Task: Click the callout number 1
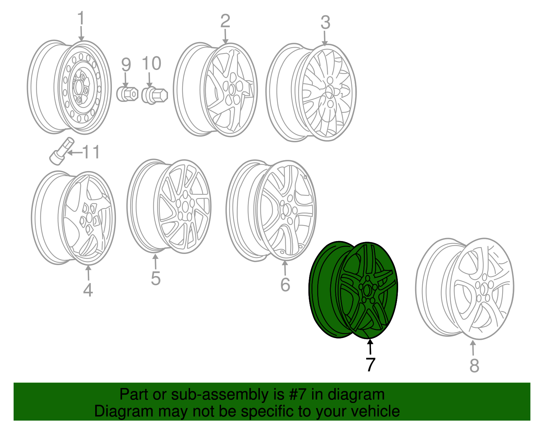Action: pos(81,18)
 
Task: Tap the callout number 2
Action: pos(225,21)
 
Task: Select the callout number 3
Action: pos(325,22)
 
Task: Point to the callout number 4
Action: pos(88,290)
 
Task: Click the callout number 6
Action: pos(285,284)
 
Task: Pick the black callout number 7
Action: pos(371,365)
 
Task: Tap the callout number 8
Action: pos(474,366)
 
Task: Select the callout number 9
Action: pos(126,64)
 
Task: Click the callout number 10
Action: pos(151,63)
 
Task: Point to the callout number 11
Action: pos(91,152)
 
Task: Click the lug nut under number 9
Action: pos(128,94)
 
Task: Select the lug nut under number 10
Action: pos(154,95)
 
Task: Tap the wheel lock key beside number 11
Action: pos(62,151)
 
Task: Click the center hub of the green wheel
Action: pos(368,290)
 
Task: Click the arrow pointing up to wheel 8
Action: pos(473,348)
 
